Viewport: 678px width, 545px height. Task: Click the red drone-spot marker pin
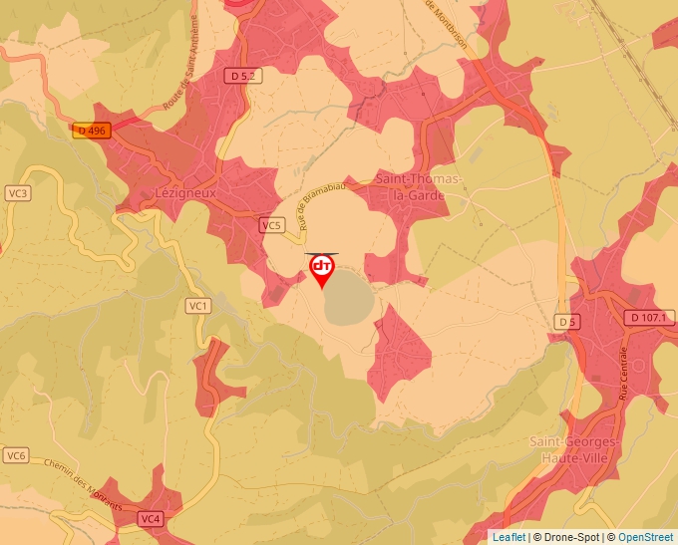click(322, 269)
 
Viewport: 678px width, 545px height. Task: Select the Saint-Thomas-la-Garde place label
click(419, 186)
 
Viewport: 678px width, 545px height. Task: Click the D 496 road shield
click(90, 131)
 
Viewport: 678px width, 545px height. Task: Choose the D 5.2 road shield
click(243, 75)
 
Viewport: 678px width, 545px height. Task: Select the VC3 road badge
click(17, 192)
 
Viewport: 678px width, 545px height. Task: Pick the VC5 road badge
click(271, 226)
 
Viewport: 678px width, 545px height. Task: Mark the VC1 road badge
click(197, 305)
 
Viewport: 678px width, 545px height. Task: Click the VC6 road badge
click(15, 455)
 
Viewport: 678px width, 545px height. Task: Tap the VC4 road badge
click(151, 519)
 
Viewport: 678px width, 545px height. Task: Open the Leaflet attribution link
click(508, 537)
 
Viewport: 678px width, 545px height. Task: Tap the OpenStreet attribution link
click(646, 537)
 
